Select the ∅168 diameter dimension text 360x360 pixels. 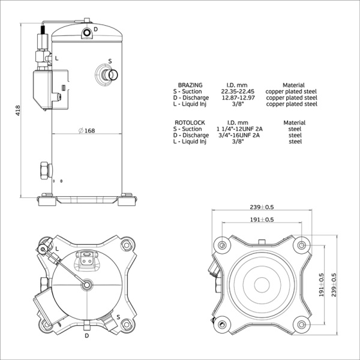(86, 131)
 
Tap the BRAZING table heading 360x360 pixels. (190, 85)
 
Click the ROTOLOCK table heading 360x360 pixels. (191, 122)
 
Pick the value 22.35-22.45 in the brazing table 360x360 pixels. (233, 92)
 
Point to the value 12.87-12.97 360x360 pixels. (233, 98)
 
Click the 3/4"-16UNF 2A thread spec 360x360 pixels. (239, 135)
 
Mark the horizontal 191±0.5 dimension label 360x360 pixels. (262, 220)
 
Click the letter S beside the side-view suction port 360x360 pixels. (110, 61)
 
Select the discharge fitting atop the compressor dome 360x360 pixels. (87, 30)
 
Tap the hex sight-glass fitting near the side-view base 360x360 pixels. (44, 170)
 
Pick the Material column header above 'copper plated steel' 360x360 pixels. (293, 85)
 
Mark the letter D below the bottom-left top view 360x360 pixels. (87, 335)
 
